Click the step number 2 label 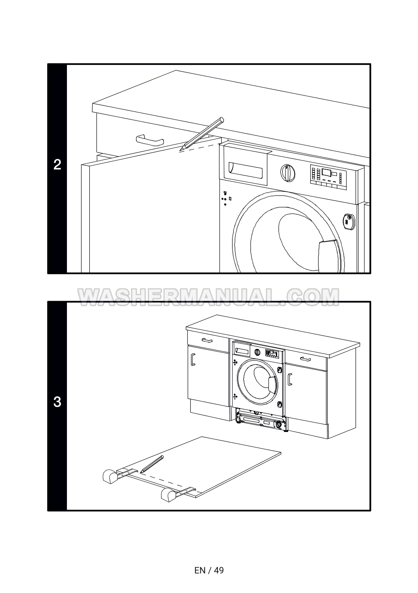pos(57,165)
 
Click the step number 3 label pos(57,402)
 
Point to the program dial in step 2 pos(288,173)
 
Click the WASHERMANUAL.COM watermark pos(209,297)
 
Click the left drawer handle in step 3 pos(207,340)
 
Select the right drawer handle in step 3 pos(305,359)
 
